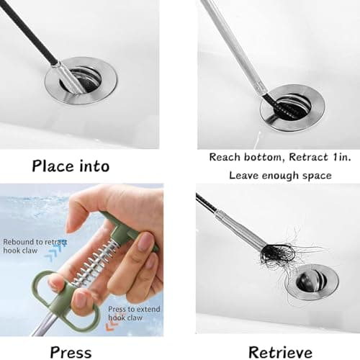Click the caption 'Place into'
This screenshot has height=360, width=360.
(71, 166)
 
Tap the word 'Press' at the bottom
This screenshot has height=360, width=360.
(70, 352)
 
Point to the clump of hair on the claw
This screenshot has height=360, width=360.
(277, 253)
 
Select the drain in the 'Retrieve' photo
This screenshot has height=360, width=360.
(311, 280)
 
